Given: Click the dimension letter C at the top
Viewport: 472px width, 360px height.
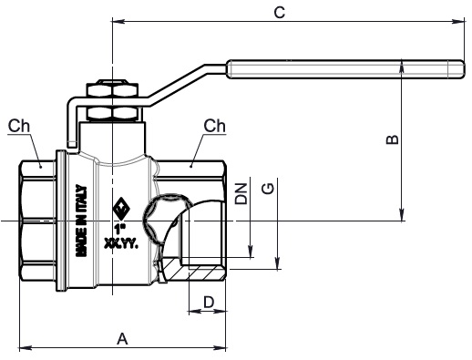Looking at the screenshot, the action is pos(280,13).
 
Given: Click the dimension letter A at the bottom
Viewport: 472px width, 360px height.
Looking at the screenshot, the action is pos(122,339).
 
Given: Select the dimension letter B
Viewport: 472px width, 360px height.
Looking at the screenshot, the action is pos(392,139).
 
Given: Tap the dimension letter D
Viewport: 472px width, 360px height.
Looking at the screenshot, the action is pos(209,302).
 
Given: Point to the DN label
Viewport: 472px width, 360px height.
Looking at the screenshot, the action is pos(241,194).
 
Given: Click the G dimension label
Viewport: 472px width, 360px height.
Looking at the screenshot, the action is pos(268,189).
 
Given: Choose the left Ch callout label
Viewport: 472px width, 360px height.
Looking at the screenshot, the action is pos(19,126).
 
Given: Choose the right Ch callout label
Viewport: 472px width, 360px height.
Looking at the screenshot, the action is pos(214,126).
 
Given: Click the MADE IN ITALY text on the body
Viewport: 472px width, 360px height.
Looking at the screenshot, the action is pos(81,221).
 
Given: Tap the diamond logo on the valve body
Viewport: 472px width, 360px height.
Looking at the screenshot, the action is pos(121,209).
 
